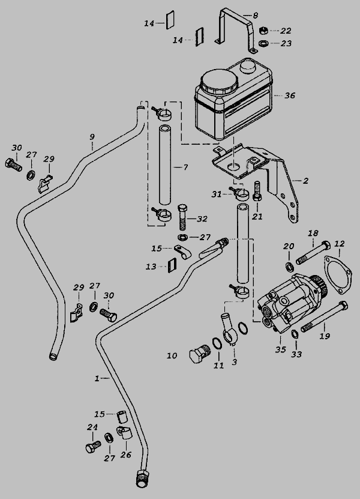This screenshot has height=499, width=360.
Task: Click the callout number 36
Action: coord(290,95)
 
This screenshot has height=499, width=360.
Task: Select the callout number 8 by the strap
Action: coord(255,15)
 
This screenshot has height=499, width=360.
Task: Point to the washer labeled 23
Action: coord(263,43)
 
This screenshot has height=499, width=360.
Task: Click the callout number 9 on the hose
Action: coord(92,138)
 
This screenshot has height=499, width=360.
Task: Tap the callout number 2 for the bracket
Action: coord(305,181)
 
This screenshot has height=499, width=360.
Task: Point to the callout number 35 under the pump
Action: coord(280,349)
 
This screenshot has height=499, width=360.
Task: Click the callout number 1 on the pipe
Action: coord(97,378)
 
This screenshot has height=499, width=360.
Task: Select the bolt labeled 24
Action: coord(92,447)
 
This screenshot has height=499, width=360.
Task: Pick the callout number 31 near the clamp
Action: coord(216,193)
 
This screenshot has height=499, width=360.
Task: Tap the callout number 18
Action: coord(313,233)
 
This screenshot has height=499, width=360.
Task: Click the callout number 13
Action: coord(151,266)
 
